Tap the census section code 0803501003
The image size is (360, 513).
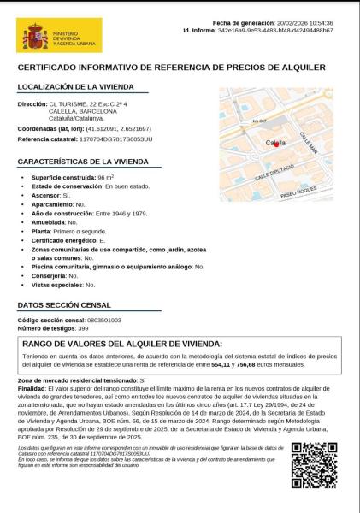100,319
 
